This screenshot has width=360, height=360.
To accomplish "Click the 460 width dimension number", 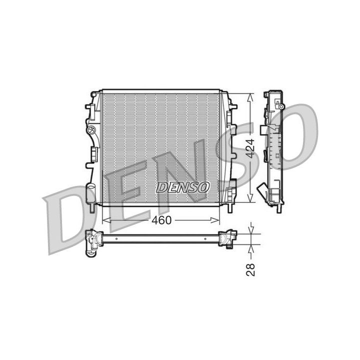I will (161, 220).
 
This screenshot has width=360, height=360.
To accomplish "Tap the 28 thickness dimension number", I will (251, 270).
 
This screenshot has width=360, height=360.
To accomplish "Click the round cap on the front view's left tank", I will (91, 131).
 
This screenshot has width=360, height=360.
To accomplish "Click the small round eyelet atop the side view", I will (281, 107).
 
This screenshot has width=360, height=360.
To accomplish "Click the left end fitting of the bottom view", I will (92, 240).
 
